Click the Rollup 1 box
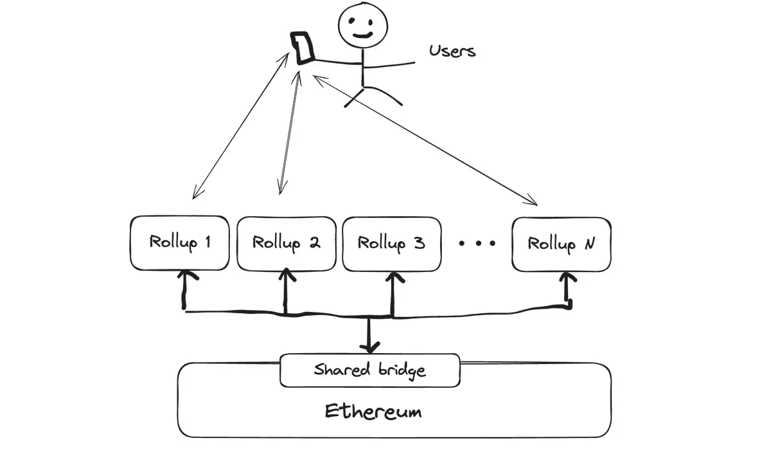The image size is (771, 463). tap(179, 243)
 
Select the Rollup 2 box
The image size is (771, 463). tap(287, 243)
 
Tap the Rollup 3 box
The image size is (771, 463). tap(391, 243)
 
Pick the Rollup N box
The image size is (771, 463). tap(561, 243)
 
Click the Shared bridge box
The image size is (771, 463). tap(369, 370)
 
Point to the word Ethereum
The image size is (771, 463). tap(373, 411)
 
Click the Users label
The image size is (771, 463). tap(452, 51)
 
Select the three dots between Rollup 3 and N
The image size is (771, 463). tap(477, 243)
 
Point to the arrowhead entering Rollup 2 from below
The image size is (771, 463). tap(287, 275)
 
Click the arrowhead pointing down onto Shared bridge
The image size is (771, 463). tap(369, 348)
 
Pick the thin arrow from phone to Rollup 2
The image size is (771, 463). tap(289, 129)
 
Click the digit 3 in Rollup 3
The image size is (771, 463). tap(418, 243)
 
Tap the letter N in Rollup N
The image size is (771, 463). tap(589, 244)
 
